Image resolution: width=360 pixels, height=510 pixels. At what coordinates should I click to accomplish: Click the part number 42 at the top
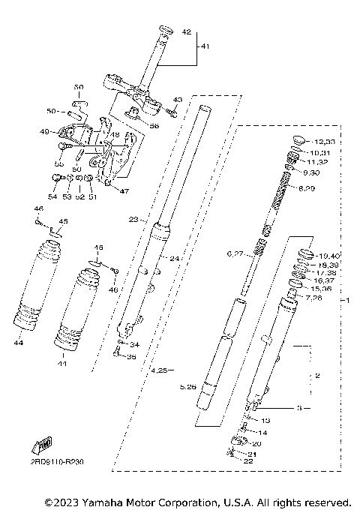tap(187, 31)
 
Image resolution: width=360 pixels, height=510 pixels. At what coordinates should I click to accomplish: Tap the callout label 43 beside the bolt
tap(178, 99)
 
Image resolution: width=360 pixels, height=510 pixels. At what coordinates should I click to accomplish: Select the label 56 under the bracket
tap(154, 127)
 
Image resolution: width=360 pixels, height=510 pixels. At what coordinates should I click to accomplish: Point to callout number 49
tap(44, 132)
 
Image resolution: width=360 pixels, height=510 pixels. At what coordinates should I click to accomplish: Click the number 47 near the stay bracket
tap(124, 191)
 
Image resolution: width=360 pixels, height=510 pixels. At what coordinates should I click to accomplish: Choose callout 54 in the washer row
tap(52, 196)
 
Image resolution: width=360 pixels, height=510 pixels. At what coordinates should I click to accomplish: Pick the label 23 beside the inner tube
tap(133, 220)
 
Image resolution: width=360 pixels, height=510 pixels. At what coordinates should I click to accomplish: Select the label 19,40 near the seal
tap(329, 256)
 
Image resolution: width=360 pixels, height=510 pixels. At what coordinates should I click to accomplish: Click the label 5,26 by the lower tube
tap(188, 387)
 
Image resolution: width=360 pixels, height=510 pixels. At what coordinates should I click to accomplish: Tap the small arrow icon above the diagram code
tap(41, 446)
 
